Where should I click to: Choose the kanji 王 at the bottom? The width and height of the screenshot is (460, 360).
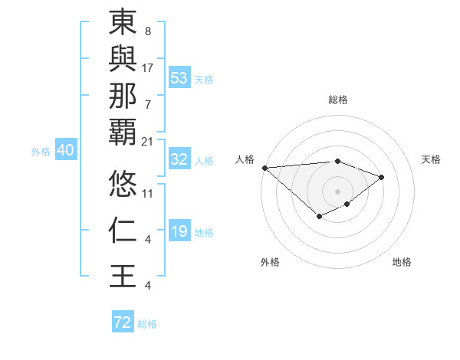[123, 277]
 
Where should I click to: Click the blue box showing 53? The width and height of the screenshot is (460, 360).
[179, 78]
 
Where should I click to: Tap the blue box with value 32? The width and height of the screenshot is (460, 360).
[179, 159]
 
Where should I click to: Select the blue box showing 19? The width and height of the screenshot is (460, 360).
[179, 232]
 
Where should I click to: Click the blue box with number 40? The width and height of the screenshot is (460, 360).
[65, 151]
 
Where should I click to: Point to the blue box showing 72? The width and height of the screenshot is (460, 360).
[123, 322]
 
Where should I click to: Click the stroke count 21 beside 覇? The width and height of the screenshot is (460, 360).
[148, 142]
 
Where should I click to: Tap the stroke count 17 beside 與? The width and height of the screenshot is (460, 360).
[148, 67]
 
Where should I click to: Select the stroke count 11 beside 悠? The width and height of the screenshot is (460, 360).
[148, 193]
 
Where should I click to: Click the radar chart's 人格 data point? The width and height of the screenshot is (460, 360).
[264, 167]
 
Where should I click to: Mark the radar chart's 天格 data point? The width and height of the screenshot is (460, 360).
[381, 177]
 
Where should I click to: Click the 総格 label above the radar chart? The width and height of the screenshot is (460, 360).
[338, 100]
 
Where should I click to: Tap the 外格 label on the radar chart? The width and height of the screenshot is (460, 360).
[269, 262]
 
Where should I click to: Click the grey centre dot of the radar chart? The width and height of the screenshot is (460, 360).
[337, 191]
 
